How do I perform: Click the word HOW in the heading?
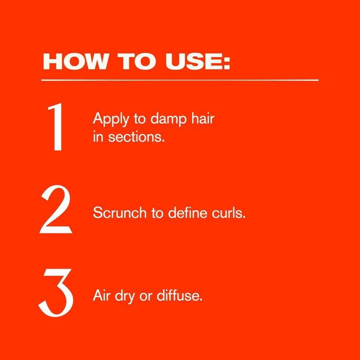click(75, 62)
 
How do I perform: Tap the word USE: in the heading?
click(198, 62)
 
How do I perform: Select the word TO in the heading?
click(137, 62)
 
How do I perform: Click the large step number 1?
click(56, 127)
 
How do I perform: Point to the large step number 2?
click(56, 209)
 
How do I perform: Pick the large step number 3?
click(56, 293)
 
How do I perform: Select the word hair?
click(203, 118)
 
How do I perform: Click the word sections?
click(136, 137)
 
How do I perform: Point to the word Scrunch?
click(120, 212)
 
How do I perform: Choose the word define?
click(188, 212)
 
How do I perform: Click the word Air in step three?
click(101, 295)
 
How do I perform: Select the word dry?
click(125, 297)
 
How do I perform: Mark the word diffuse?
click(180, 295)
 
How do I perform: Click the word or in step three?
click(146, 297)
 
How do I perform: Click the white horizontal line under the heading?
click(180, 80)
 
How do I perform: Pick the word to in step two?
click(157, 213)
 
